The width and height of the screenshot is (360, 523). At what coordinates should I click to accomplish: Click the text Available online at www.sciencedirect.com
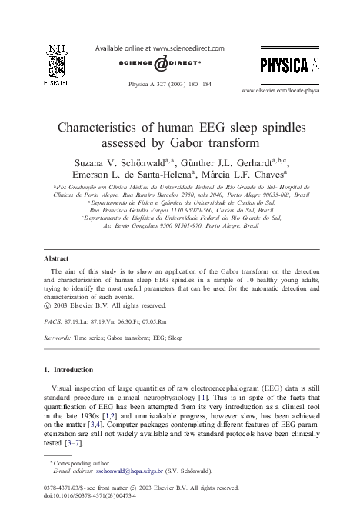[159, 48]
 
